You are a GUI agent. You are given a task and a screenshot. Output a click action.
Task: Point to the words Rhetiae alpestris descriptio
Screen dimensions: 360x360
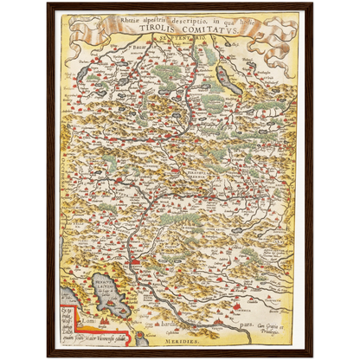(x=147, y=16)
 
